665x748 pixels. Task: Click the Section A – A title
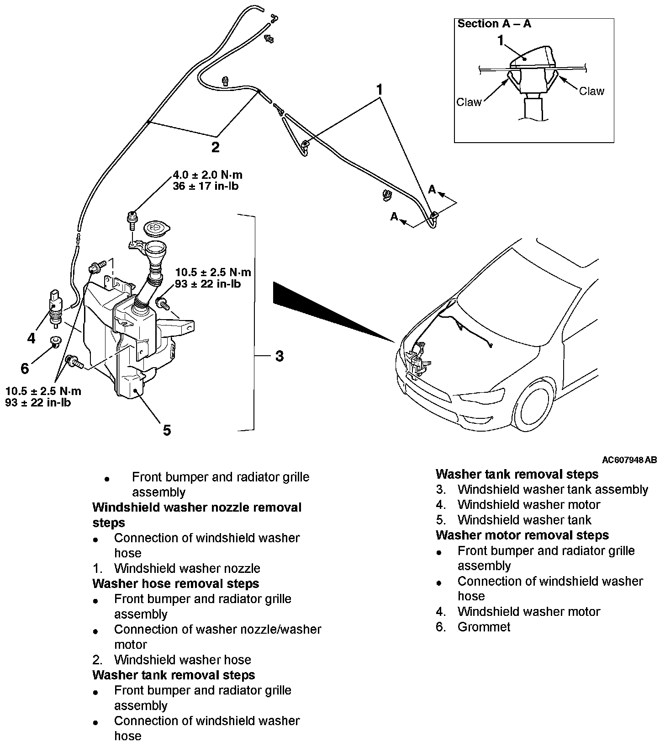pos(494,24)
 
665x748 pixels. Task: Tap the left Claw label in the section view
pos(469,102)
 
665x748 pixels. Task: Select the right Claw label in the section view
pos(591,91)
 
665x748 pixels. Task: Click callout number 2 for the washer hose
pos(215,147)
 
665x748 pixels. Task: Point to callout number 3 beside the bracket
pos(280,356)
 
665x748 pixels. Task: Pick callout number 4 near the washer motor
pos(31,338)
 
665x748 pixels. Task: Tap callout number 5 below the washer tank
pos(167,430)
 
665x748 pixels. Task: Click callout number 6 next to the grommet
pos(25,368)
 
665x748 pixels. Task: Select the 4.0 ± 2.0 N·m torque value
pos(208,175)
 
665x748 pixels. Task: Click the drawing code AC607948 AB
pos(629,460)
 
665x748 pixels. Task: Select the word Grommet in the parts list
pos(484,626)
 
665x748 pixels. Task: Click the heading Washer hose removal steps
pos(175,583)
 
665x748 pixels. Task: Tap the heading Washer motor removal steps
pos(522,535)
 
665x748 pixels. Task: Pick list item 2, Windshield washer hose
pos(182,660)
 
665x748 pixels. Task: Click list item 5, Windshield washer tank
pos(524,520)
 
